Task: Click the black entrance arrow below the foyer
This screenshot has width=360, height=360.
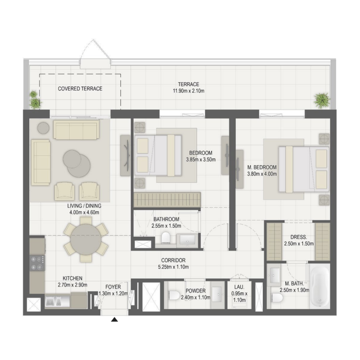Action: [x=115, y=320]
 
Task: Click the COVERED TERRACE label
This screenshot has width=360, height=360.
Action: [x=80, y=89]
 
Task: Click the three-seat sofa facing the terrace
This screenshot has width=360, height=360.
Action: [x=75, y=130]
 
